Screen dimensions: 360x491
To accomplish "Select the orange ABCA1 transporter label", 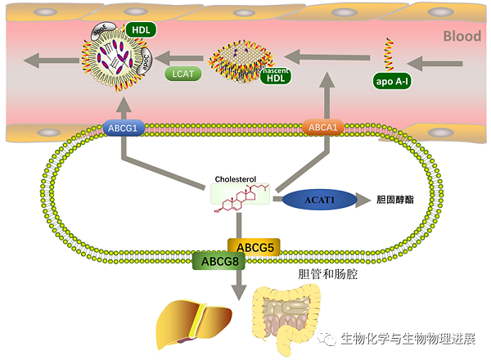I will point(322,128).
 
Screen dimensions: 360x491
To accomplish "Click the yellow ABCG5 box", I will point(254,245).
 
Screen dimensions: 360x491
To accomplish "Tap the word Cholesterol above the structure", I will point(235,178).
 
